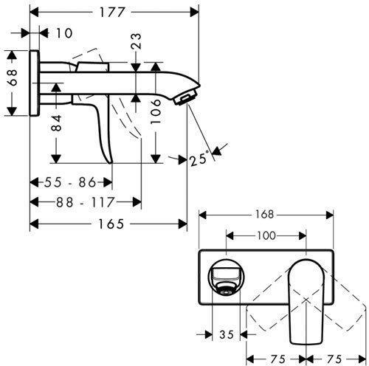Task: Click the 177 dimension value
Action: pos(111,13)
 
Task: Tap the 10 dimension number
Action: pos(64,33)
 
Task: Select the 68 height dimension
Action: pos(13,77)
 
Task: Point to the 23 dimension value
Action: pos(137,41)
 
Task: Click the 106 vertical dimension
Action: pos(156,111)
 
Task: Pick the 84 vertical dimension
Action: pos(56,122)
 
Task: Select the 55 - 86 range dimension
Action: pos(70,182)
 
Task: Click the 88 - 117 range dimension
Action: pos(86,202)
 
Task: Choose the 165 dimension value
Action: pos(111,224)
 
